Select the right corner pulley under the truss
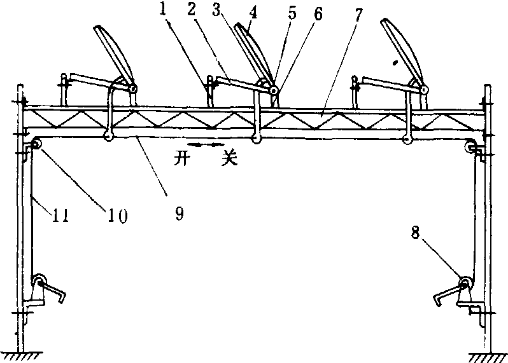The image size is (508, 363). coord(472,147)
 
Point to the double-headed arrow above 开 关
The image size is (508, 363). coord(205,146)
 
